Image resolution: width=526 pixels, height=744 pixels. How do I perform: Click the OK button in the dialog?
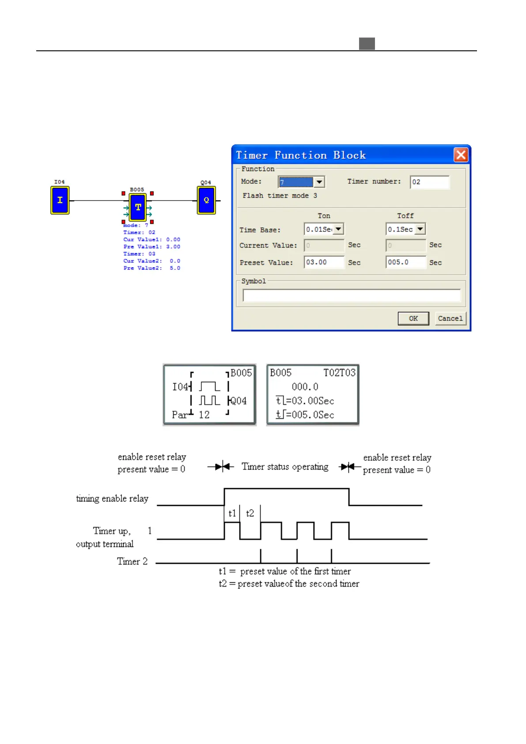(413, 319)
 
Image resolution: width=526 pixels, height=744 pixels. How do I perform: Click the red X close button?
(461, 155)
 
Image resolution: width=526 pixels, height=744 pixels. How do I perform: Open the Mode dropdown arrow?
(319, 182)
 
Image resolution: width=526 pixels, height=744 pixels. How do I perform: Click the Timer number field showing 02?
(429, 182)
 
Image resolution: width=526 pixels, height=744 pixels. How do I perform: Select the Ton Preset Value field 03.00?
(324, 262)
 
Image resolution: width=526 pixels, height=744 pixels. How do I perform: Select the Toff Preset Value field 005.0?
(405, 262)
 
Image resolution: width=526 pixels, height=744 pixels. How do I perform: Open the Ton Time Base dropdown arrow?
(338, 229)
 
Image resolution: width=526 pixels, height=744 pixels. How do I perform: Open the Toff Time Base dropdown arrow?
(420, 229)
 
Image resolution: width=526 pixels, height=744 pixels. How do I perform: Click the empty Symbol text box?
(351, 295)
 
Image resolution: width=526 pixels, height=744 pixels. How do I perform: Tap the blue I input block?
(60, 200)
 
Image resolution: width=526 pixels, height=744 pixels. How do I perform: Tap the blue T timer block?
(138, 207)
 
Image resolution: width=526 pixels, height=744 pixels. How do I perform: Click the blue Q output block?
(206, 200)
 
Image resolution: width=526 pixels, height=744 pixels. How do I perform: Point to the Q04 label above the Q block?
(206, 182)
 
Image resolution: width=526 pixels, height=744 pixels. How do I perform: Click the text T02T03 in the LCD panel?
(339, 373)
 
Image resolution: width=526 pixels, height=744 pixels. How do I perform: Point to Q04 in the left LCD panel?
(238, 401)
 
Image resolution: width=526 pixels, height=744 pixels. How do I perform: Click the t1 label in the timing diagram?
(232, 513)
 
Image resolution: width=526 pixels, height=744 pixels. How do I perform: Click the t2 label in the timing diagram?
(250, 513)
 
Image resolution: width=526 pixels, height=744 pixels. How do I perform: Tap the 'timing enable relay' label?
(112, 499)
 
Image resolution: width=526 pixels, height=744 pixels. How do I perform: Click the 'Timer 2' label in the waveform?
(132, 562)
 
